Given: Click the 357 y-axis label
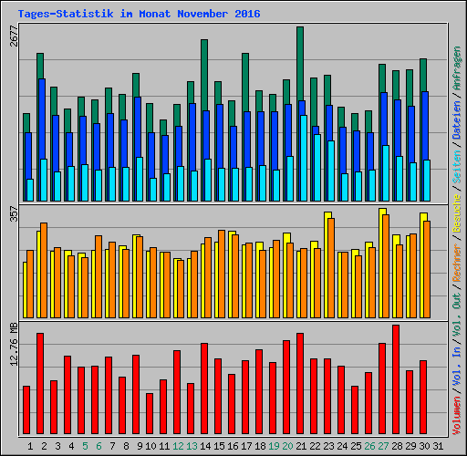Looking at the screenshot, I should coord(14,215).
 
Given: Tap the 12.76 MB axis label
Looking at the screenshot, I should coord(14,345).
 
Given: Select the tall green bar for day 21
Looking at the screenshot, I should coord(299,64).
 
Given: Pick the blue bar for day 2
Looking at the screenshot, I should coord(42,119).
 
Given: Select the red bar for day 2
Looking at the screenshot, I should coord(40,384).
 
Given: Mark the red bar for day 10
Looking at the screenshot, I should coord(150,413).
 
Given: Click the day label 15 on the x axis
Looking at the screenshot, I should coord(220,446).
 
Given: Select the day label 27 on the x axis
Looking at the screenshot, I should coord(383,446).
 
